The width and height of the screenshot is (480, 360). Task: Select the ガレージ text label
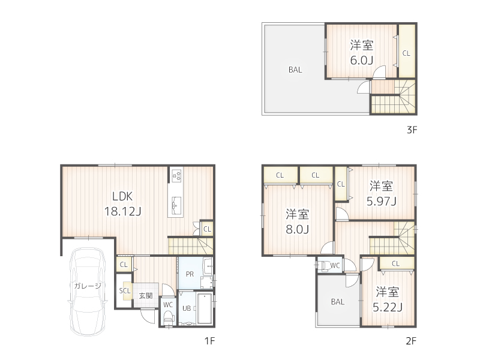tap(88, 286)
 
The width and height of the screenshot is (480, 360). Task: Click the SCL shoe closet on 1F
tap(125, 291)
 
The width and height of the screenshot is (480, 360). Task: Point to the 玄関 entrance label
tap(146, 295)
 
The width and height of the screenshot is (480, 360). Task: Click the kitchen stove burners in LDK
tap(177, 176)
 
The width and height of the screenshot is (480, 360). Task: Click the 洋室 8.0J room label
tap(297, 221)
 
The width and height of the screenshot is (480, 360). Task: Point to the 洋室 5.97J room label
tap(381, 193)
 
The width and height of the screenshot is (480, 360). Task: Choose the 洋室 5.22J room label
tap(388, 299)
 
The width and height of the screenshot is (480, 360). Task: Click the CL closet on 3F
tap(406, 53)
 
